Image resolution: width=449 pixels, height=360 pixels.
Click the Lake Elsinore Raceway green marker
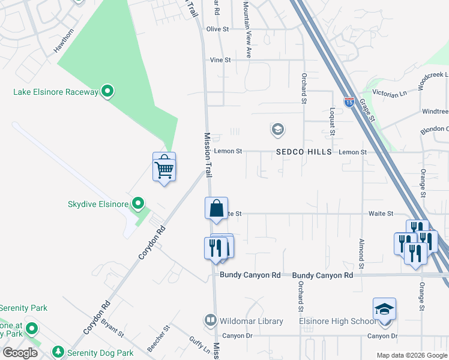pos(107,92)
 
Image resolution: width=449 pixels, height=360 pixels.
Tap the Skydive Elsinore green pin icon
pos(139,204)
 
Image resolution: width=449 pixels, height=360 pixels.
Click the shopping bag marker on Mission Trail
pos(216,209)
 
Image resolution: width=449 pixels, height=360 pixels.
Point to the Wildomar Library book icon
pos(210,321)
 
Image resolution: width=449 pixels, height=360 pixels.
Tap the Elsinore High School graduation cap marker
pos(384,310)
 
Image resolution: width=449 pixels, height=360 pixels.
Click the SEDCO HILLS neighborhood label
pos(304,152)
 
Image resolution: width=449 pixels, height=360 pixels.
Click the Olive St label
pos(218,29)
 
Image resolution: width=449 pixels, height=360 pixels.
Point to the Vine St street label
pos(220,60)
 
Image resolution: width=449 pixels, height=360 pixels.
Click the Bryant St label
pos(112,328)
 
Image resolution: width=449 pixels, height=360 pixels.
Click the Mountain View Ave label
pos(247,29)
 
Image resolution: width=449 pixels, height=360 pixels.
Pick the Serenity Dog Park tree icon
pos(58,352)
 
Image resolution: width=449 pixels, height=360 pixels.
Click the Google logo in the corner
pos(20,353)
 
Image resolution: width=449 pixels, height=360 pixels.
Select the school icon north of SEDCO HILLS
pos(277,129)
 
